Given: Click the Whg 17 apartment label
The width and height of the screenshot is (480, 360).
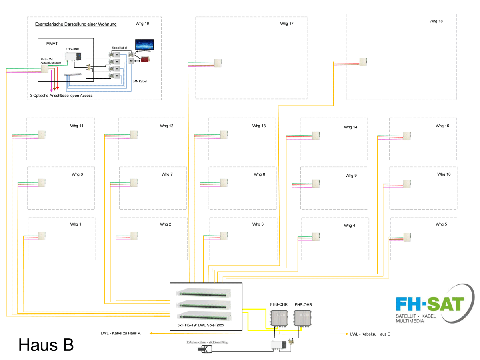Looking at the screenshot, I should [x=287, y=24].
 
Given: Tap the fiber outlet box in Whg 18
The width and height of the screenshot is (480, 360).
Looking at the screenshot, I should [x=363, y=62].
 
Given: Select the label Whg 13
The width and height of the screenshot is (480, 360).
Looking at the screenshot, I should [x=259, y=126].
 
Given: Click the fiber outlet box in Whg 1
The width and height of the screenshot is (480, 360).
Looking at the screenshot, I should [x=42, y=236].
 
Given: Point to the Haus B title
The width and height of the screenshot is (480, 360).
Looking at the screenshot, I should [x=46, y=344].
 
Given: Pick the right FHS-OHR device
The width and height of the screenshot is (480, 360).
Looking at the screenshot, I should [x=303, y=318].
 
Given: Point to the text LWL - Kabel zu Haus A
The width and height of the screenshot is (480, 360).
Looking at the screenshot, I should [x=120, y=333].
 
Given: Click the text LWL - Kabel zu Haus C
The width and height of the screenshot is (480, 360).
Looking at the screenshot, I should [x=370, y=334].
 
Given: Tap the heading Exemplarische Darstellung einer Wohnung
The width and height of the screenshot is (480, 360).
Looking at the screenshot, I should [x=76, y=24].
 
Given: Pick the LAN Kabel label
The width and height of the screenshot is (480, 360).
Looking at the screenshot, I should [x=140, y=82].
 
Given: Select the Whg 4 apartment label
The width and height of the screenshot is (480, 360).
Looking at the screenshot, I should [x=349, y=226].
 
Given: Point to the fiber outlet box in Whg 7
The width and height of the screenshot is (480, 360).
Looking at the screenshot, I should [x=134, y=183].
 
